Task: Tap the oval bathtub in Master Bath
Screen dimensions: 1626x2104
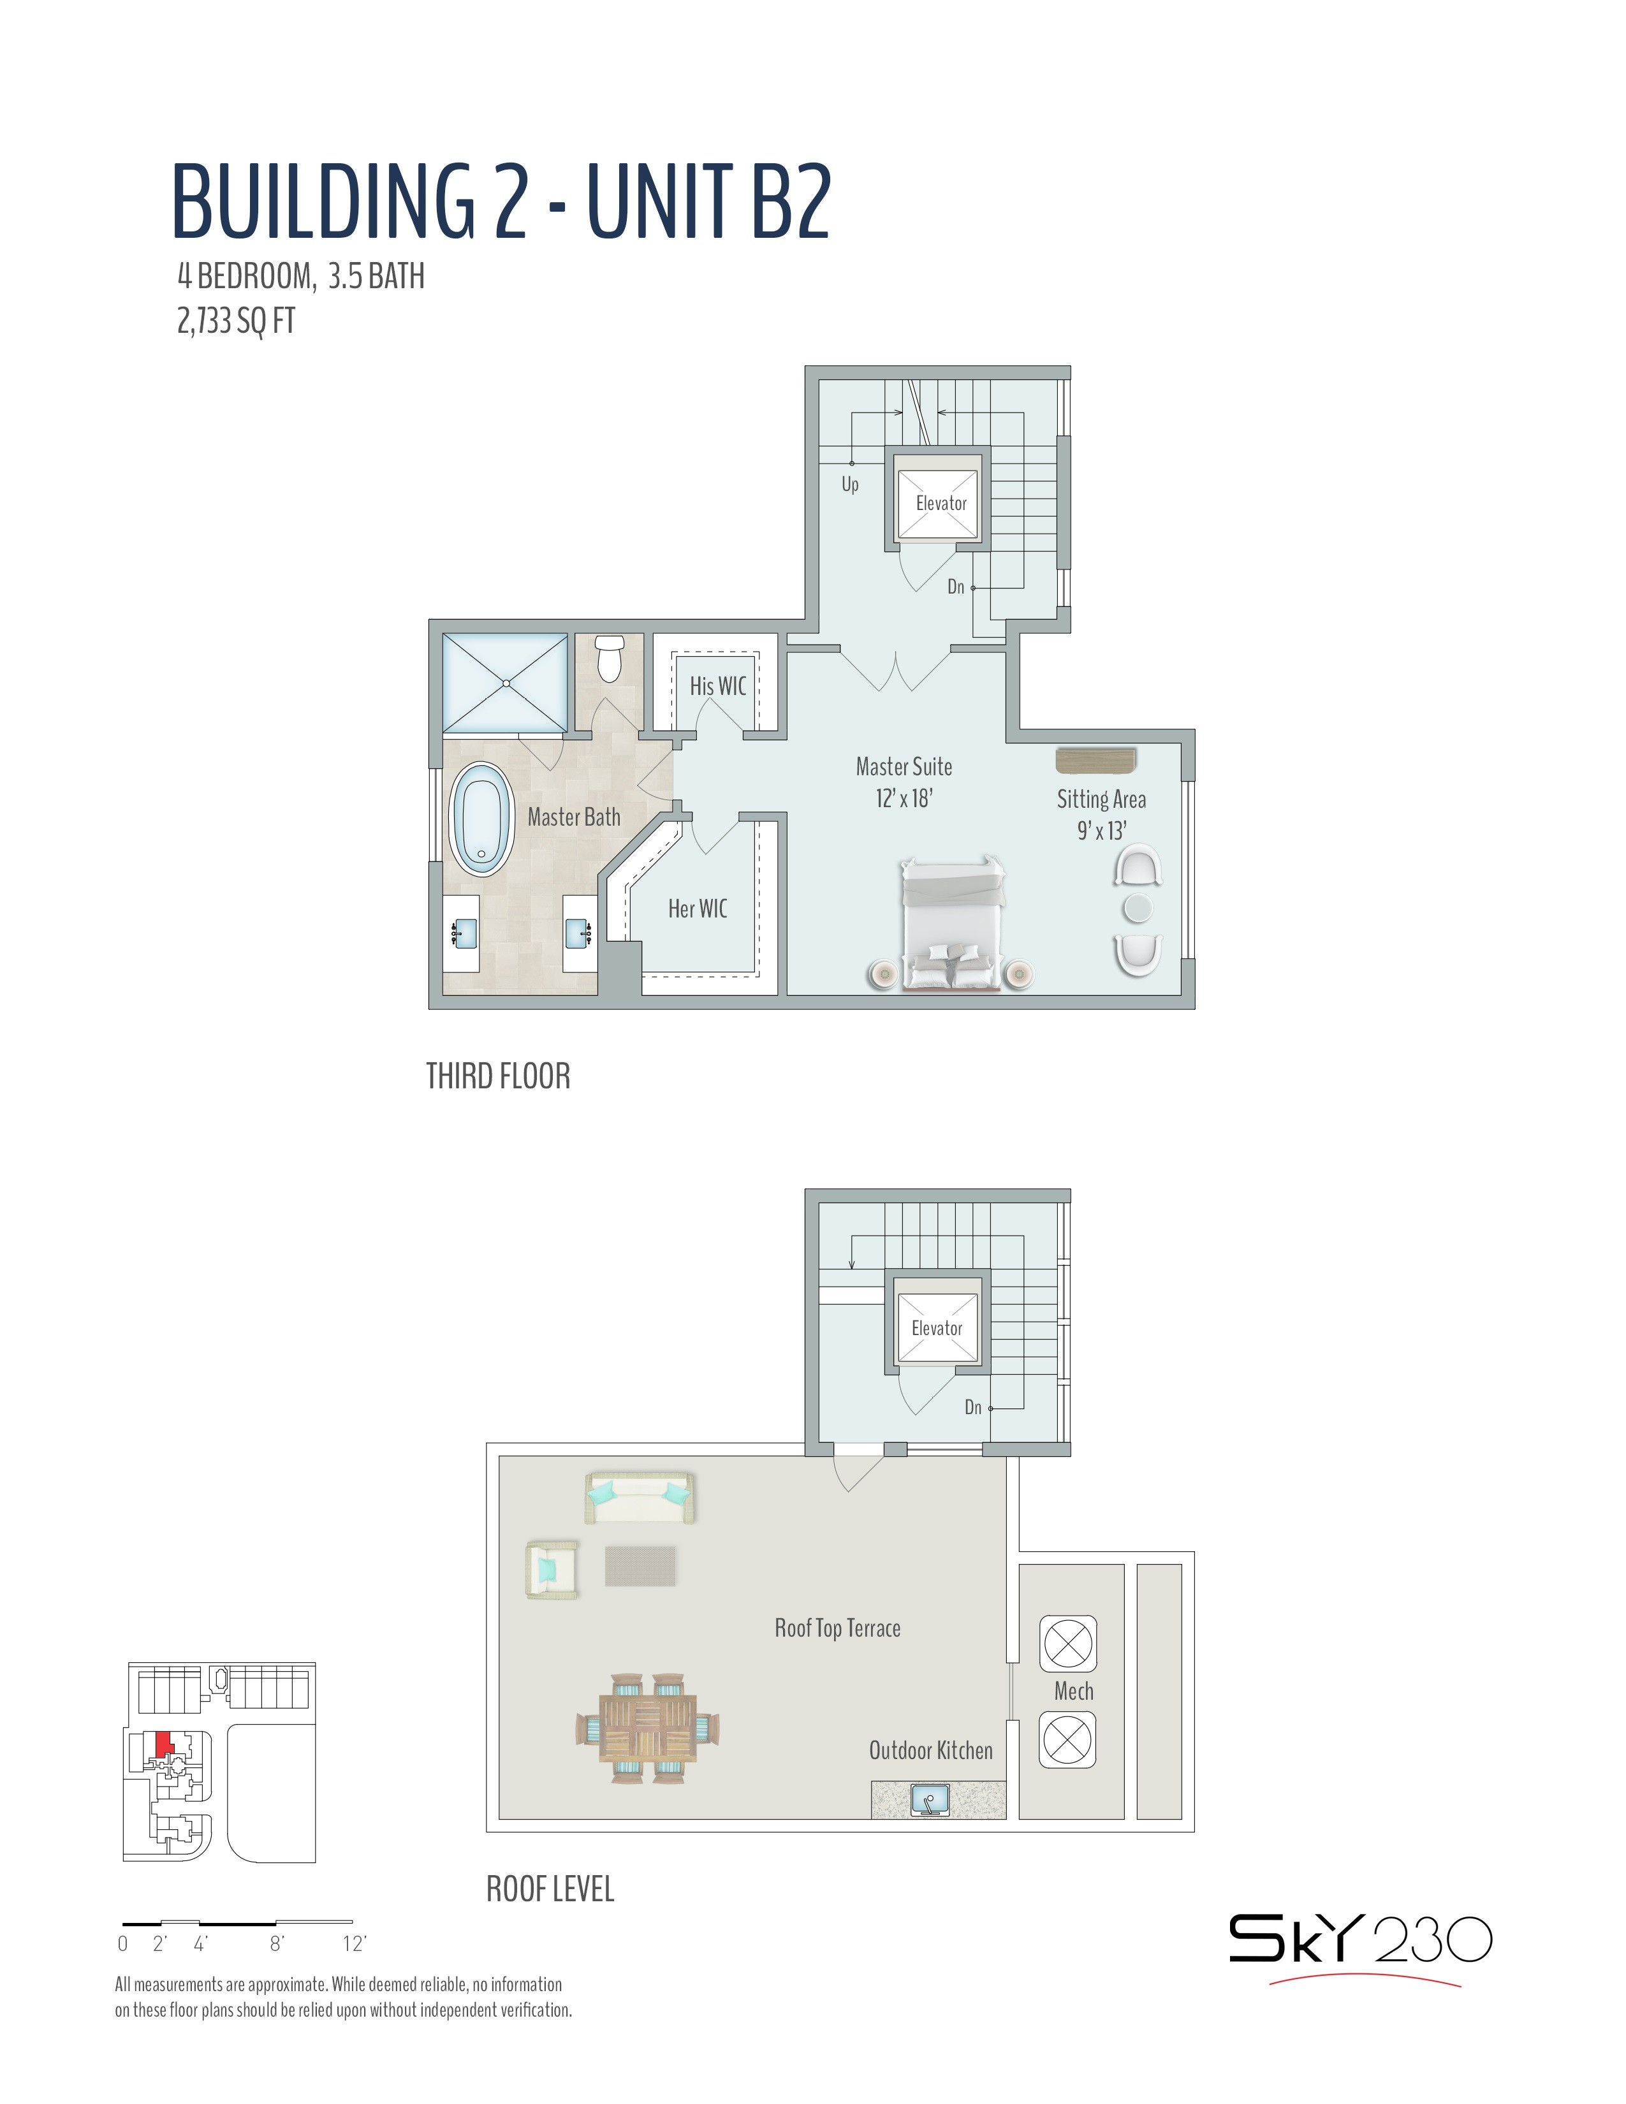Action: point(481,819)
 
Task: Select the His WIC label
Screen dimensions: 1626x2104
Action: point(717,686)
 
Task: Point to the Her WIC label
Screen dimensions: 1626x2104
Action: point(698,909)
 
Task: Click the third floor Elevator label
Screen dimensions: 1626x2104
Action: point(941,503)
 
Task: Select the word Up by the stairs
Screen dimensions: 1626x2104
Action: point(849,484)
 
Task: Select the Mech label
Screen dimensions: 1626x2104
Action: point(1073,1691)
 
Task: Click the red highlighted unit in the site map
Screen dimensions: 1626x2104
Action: point(165,1744)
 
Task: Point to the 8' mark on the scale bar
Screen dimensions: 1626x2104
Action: point(277,1943)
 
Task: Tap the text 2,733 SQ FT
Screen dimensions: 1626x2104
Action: point(236,320)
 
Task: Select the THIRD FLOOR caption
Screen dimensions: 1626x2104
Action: point(498,1076)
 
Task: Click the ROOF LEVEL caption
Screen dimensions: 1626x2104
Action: point(550,1889)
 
